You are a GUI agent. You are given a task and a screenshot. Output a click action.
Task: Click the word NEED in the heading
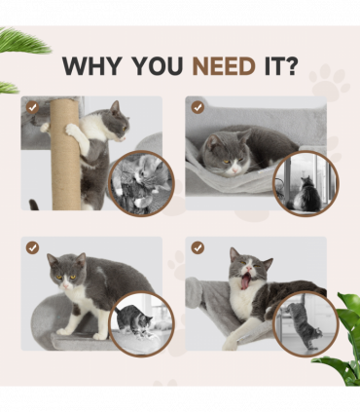click(x=224, y=66)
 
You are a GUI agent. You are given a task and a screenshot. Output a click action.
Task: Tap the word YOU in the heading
click(x=158, y=66)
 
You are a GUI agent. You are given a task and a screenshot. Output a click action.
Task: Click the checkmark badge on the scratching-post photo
click(x=33, y=107)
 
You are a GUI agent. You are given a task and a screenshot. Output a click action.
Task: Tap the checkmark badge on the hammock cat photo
click(x=198, y=107)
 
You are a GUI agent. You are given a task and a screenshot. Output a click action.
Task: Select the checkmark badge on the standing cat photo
click(x=33, y=247)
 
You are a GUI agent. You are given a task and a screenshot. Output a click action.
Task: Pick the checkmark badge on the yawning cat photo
click(x=198, y=247)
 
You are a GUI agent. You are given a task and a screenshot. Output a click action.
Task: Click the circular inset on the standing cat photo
click(x=140, y=321)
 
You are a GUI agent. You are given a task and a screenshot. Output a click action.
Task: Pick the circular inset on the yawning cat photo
click(x=304, y=322)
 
